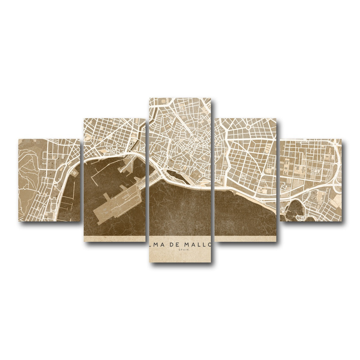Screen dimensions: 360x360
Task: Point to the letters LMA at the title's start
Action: [156, 245]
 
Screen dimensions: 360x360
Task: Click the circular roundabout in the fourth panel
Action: [249, 127]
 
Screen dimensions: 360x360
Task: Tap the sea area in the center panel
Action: [180, 210]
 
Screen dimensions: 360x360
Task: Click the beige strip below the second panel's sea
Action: [114, 238]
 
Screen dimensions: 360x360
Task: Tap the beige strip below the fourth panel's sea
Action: [246, 238]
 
